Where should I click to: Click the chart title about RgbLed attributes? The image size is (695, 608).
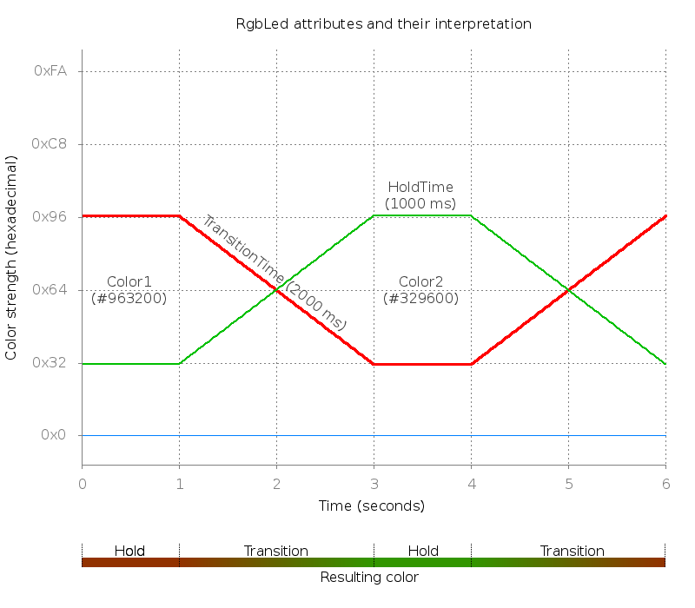point(383,23)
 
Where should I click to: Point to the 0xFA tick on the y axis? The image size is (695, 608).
point(50,71)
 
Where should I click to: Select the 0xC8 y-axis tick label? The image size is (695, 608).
point(50,144)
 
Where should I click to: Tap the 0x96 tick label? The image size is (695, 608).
point(50,217)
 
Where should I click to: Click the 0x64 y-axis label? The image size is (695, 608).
point(50,290)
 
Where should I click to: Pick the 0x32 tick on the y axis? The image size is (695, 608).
point(50,363)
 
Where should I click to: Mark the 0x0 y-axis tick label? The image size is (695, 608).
point(54,435)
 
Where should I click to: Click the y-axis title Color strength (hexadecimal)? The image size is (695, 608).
point(11,258)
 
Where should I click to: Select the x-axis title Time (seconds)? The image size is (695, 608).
point(371,506)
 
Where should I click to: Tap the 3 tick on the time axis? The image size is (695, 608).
point(374,483)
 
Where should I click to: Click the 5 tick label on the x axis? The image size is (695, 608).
point(568,483)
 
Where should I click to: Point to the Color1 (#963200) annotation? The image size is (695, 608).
point(129,290)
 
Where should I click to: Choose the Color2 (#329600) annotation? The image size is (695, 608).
point(421,290)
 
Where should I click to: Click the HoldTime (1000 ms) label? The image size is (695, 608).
point(420,195)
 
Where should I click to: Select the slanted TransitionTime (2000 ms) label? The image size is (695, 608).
point(274,271)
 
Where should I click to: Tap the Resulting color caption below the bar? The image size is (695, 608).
point(369,578)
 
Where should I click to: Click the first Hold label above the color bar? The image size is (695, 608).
point(129,551)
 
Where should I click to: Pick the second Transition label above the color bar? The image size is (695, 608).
point(573,551)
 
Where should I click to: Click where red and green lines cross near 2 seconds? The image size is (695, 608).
point(276,290)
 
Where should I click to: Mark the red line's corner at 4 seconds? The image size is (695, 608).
point(471,363)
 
